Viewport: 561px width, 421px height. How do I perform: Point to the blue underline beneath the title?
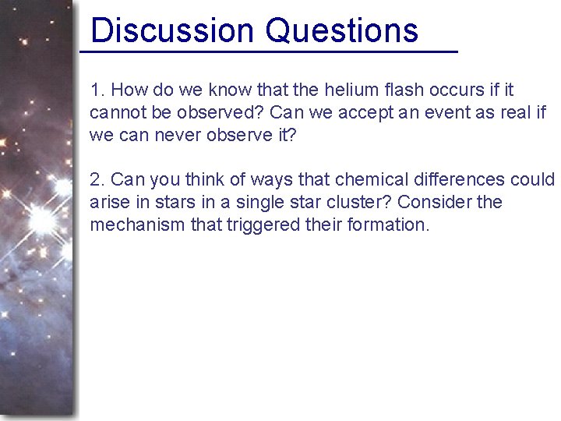tap(269, 51)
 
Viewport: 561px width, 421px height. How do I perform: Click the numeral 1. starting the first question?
tap(97, 90)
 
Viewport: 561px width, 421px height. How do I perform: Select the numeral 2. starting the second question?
tap(97, 180)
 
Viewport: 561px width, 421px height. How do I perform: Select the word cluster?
tap(362, 203)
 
